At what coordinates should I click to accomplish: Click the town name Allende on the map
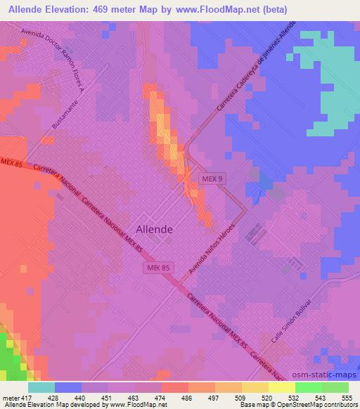(x=154, y=228)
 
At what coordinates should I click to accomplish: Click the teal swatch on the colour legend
(x=41, y=387)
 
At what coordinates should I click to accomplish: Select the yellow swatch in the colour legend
(x=282, y=387)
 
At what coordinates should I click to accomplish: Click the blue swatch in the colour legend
(x=68, y=387)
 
